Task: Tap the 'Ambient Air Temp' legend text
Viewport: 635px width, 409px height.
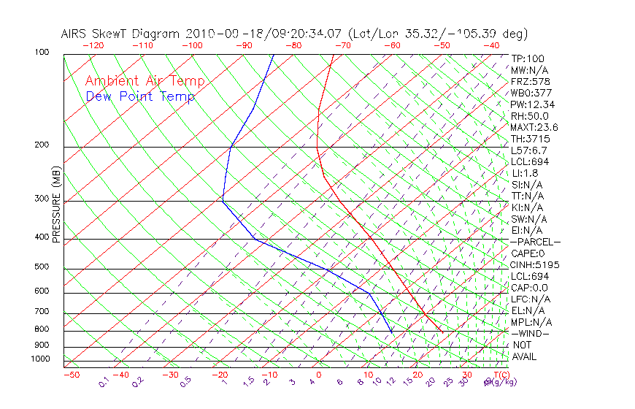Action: pyautogui.click(x=145, y=81)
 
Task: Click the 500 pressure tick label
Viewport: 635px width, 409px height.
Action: pyautogui.click(x=42, y=267)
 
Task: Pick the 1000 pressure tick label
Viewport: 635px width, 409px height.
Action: pyautogui.click(x=39, y=359)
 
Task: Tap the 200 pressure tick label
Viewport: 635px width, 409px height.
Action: pyautogui.click(x=42, y=145)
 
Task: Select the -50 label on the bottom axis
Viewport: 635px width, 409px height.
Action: pyautogui.click(x=71, y=375)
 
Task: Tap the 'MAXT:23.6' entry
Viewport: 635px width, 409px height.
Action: pyautogui.click(x=534, y=127)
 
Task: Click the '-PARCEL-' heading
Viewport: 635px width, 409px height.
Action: pyautogui.click(x=535, y=242)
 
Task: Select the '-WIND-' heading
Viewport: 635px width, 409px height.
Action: pyautogui.click(x=529, y=334)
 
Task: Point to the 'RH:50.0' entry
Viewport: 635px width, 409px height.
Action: pyautogui.click(x=529, y=115)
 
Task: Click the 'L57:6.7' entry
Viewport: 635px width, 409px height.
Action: pyautogui.click(x=529, y=150)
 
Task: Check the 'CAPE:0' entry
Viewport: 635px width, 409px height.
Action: pyautogui.click(x=527, y=253)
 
